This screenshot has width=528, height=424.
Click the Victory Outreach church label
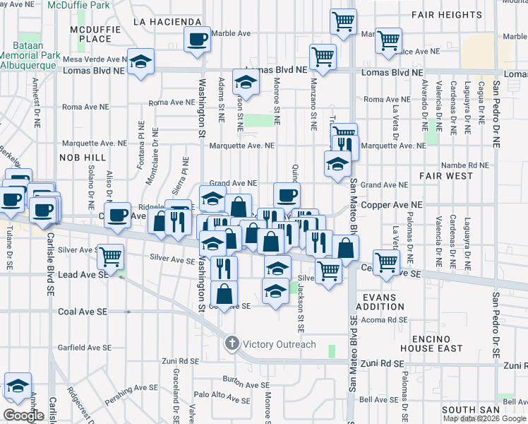[x=280, y=344]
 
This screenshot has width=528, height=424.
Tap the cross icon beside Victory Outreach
[x=232, y=344]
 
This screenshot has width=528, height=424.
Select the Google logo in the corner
[x=23, y=415]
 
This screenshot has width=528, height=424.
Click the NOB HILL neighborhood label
[x=83, y=157]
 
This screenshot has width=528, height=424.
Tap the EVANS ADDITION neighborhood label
[x=380, y=302]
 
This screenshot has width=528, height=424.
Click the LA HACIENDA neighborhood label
[x=167, y=22]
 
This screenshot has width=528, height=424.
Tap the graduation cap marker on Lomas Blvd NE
[x=141, y=60]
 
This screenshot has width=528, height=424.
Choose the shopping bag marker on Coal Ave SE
[x=224, y=293]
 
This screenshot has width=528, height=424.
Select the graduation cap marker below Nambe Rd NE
[x=338, y=163]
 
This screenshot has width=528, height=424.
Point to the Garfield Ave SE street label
[x=85, y=348]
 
